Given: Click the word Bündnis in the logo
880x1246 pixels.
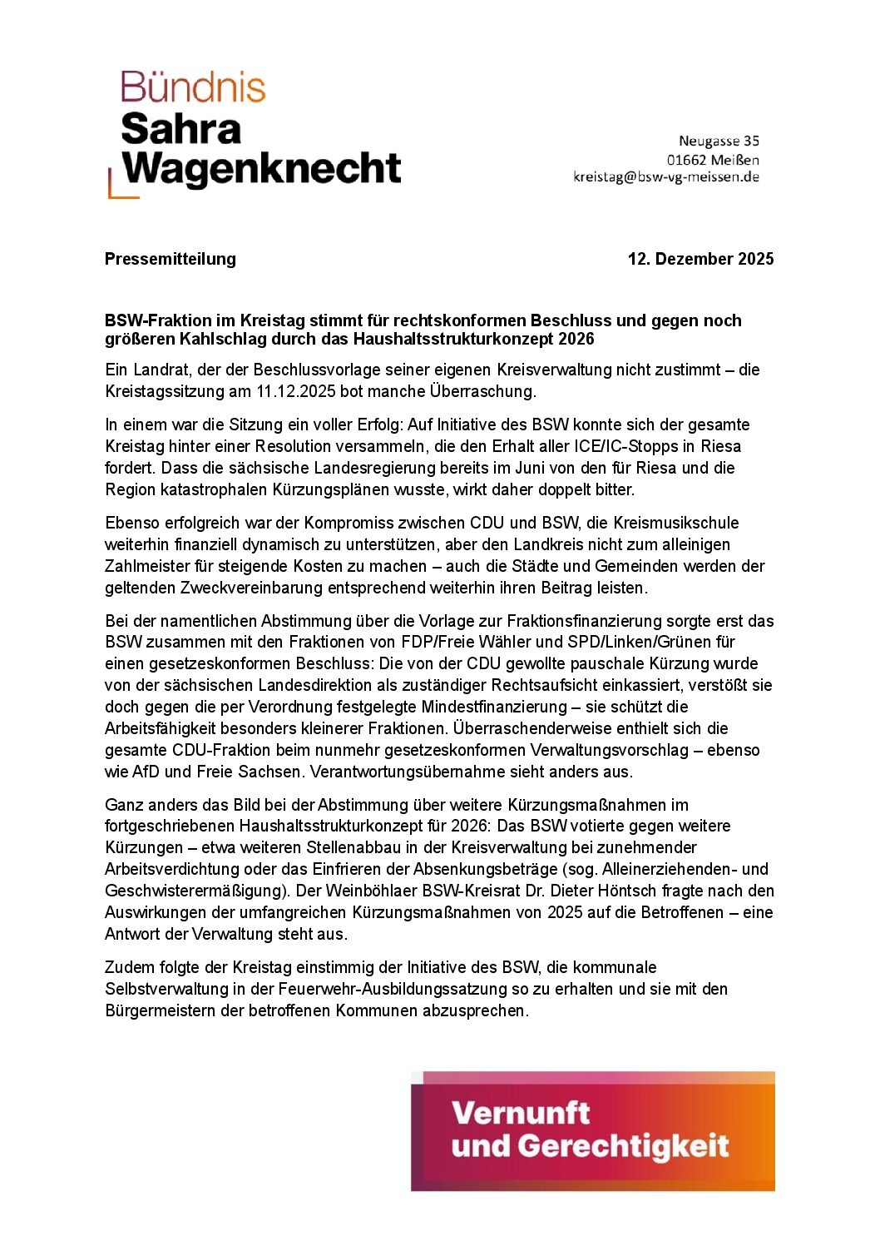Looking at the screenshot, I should (193, 87).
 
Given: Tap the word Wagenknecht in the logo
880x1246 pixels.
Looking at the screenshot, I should (262, 168).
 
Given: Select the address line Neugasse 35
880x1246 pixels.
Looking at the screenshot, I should (719, 141).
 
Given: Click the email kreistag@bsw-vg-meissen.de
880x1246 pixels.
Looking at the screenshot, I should (665, 176).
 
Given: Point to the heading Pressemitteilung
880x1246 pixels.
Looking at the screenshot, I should (171, 259).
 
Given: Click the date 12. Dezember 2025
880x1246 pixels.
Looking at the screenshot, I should (700, 259).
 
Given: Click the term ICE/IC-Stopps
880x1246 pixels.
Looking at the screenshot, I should (625, 446).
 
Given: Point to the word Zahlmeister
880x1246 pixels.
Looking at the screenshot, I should (147, 566).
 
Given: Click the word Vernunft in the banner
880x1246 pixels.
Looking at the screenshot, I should (521, 1113).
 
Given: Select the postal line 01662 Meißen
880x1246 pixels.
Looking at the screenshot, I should (713, 159).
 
